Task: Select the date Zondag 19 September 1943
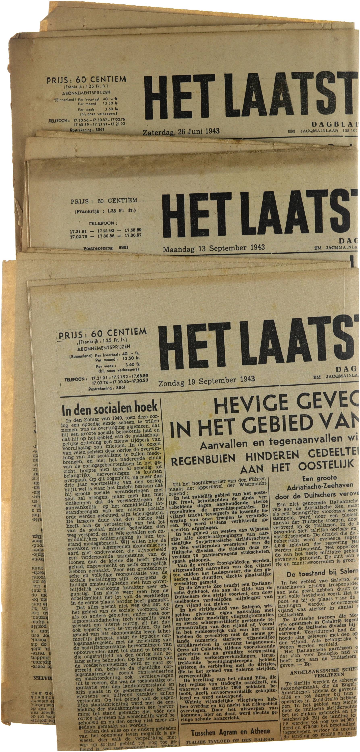click(206, 381)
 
